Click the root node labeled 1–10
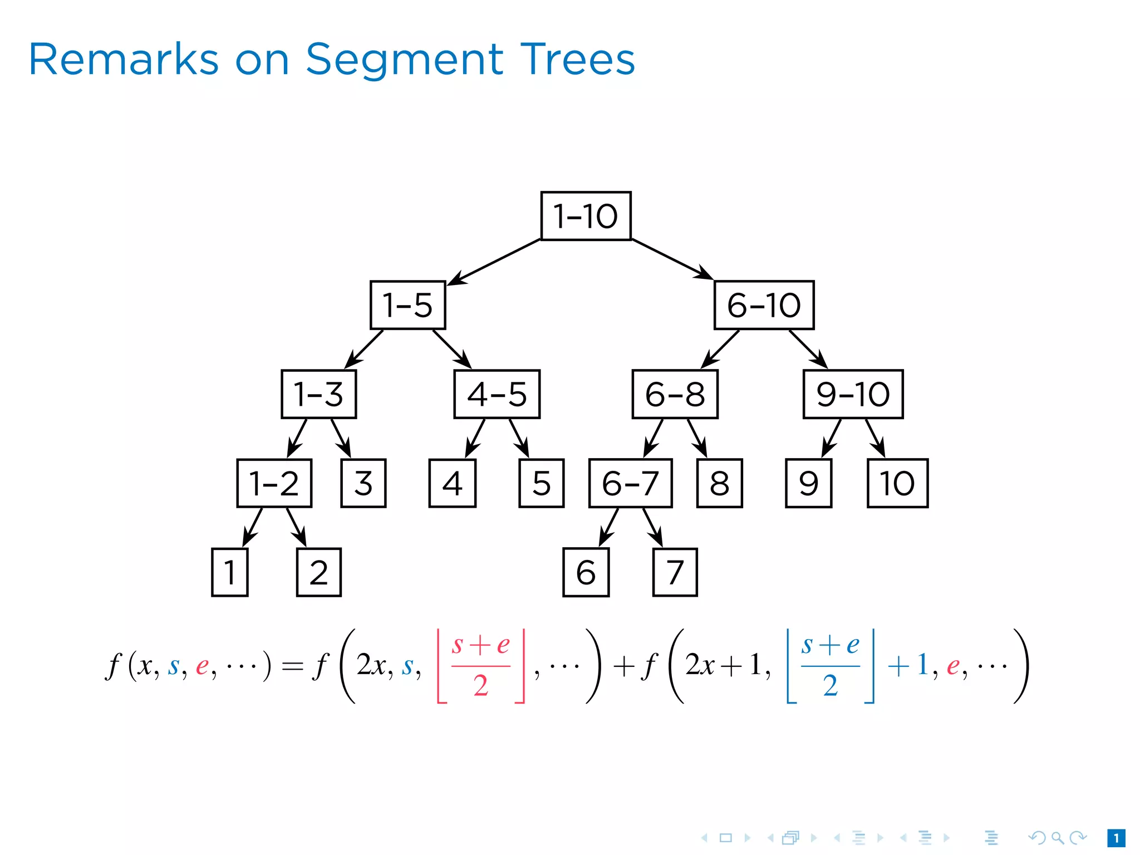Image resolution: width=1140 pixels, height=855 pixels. click(586, 216)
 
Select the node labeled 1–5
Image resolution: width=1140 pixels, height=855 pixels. click(407, 305)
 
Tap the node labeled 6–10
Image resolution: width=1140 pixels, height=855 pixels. click(764, 305)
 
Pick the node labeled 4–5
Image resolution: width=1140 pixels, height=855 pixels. click(497, 394)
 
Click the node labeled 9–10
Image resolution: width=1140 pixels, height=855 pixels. click(853, 394)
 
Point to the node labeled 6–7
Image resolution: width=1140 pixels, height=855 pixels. click(630, 483)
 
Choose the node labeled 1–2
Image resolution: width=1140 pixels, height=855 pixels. click(274, 483)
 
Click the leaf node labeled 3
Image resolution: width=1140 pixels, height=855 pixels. click(363, 483)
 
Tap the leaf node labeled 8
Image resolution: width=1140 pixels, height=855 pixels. click(719, 483)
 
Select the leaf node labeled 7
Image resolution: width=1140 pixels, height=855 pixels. click(675, 572)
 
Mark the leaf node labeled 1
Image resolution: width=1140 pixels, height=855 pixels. click(229, 572)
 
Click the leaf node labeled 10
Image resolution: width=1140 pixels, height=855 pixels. click(897, 483)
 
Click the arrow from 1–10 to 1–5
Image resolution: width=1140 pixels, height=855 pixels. click(494, 262)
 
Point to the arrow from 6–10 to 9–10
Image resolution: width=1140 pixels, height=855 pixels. click(808, 349)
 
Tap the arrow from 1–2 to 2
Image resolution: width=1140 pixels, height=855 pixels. click(296, 527)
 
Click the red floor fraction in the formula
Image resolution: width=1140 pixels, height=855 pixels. click(481, 666)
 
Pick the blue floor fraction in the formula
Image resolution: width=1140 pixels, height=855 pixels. click(830, 666)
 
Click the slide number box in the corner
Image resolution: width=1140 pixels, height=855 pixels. click(1116, 838)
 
